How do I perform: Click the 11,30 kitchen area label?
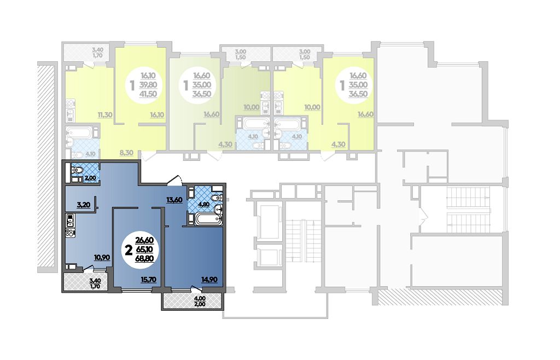click(105, 115)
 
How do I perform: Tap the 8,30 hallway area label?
click(126, 153)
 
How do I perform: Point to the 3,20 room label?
click(83, 205)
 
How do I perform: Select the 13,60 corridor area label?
click(174, 200)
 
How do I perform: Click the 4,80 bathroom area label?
click(203, 205)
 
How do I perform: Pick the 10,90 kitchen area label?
click(102, 257)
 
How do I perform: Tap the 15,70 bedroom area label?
click(149, 280)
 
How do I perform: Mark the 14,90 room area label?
click(209, 280)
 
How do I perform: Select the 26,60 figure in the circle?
click(144, 240)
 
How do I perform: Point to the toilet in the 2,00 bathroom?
click(76, 170)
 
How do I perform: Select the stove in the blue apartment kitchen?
click(70, 234)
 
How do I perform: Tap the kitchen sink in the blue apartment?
click(70, 220)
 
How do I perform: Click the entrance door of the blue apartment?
click(176, 181)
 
